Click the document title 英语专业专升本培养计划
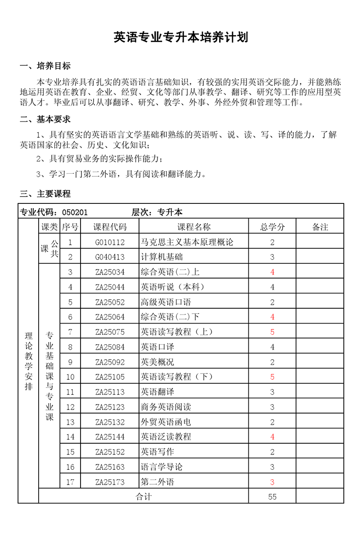tap(180, 37)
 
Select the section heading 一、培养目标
tap(45, 66)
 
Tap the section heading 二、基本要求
tap(45, 119)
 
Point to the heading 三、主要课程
tap(45, 194)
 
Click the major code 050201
tap(75, 212)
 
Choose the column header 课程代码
tap(110, 227)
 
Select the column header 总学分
tap(272, 227)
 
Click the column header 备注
tap(320, 227)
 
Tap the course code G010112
tap(110, 242)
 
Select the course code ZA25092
tap(110, 362)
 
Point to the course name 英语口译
tap(157, 347)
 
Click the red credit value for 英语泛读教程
tap(272, 436)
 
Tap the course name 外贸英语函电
tap(166, 422)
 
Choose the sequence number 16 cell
tap(70, 467)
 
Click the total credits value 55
tap(272, 496)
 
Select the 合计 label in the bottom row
tap(144, 496)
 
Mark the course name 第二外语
tap(157, 482)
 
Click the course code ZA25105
tap(110, 377)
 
